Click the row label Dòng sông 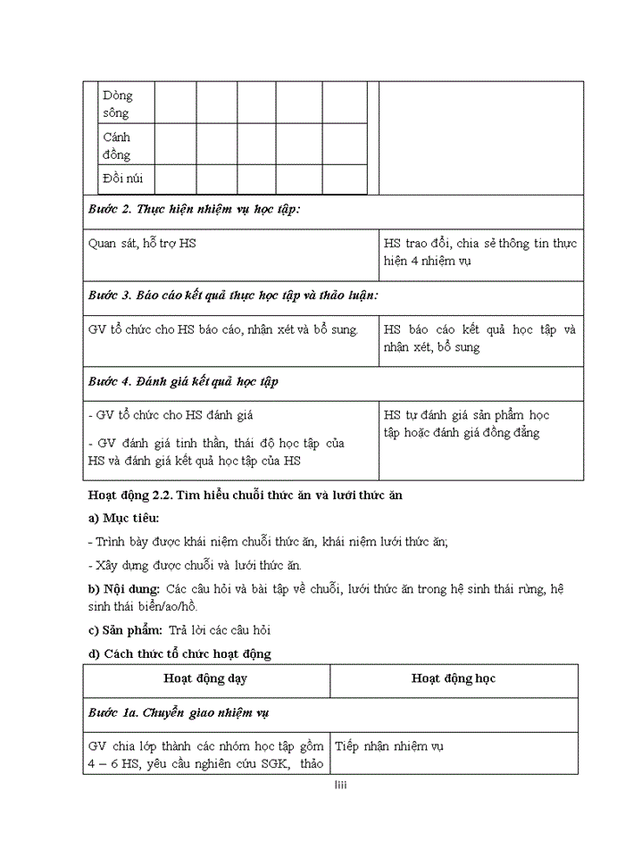point(116,104)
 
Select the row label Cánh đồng point(116,146)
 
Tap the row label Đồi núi point(122,179)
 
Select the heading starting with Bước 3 point(232,295)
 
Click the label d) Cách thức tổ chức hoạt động point(179,653)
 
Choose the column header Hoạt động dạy point(206,678)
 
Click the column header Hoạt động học point(453,678)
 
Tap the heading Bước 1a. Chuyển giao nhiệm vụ point(179,712)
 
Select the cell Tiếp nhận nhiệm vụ point(389,746)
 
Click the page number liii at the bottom point(340,786)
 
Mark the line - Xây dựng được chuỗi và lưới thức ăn point(195,565)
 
